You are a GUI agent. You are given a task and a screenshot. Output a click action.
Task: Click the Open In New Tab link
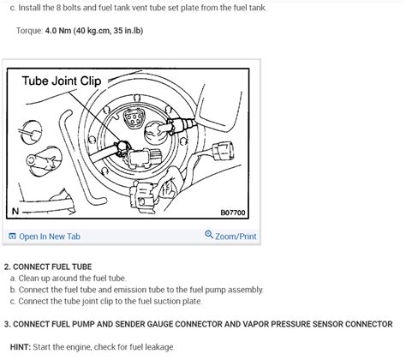(50, 237)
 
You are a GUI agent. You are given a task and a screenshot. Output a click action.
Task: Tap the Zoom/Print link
(236, 237)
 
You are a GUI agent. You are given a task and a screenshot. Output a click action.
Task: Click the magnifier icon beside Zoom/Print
(209, 235)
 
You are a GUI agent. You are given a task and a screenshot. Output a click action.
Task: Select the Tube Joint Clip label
(62, 81)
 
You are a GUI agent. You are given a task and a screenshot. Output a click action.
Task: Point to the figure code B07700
(233, 213)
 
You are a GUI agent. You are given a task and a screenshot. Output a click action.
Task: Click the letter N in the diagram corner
(15, 212)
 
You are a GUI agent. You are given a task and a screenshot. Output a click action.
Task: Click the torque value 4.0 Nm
(58, 31)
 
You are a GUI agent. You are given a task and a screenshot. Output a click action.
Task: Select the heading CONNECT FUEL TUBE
(52, 267)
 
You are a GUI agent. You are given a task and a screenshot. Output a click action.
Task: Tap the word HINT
(21, 347)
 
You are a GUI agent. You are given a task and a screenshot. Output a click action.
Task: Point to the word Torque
(29, 31)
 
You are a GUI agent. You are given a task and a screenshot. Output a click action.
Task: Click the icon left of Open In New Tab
(12, 237)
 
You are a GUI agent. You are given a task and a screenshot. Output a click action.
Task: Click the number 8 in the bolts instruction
(58, 8)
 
